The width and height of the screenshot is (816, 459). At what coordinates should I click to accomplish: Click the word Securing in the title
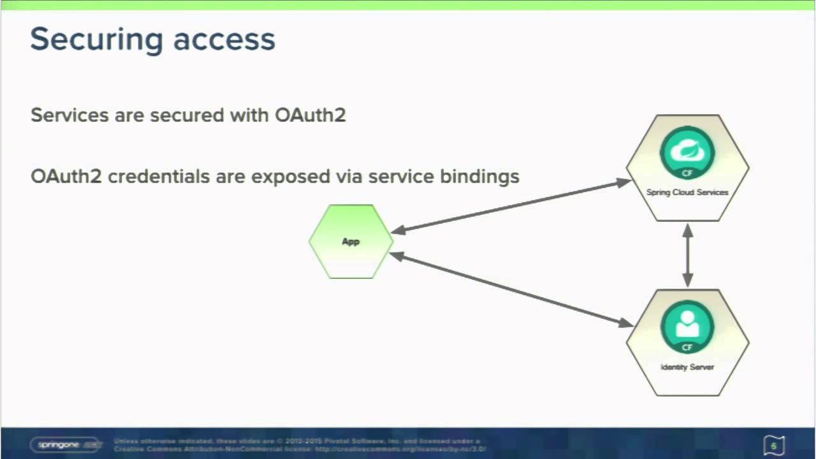(x=87, y=40)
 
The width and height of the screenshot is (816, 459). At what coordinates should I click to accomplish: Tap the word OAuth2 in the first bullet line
(x=310, y=115)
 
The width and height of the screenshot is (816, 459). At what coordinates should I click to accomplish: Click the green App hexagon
(x=351, y=242)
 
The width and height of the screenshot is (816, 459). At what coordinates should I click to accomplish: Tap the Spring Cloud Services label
(x=687, y=193)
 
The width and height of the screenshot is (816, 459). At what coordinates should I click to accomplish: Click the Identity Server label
(x=687, y=367)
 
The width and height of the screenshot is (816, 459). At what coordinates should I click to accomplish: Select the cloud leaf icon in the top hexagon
(x=687, y=150)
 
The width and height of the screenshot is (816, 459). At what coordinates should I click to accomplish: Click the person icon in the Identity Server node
(x=687, y=324)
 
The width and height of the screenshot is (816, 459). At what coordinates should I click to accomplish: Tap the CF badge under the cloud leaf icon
(x=687, y=173)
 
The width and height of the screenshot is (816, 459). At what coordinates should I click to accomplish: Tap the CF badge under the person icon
(x=687, y=347)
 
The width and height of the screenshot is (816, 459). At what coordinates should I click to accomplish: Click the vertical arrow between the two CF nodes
(x=687, y=255)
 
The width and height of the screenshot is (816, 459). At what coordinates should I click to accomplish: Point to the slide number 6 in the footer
(x=774, y=446)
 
